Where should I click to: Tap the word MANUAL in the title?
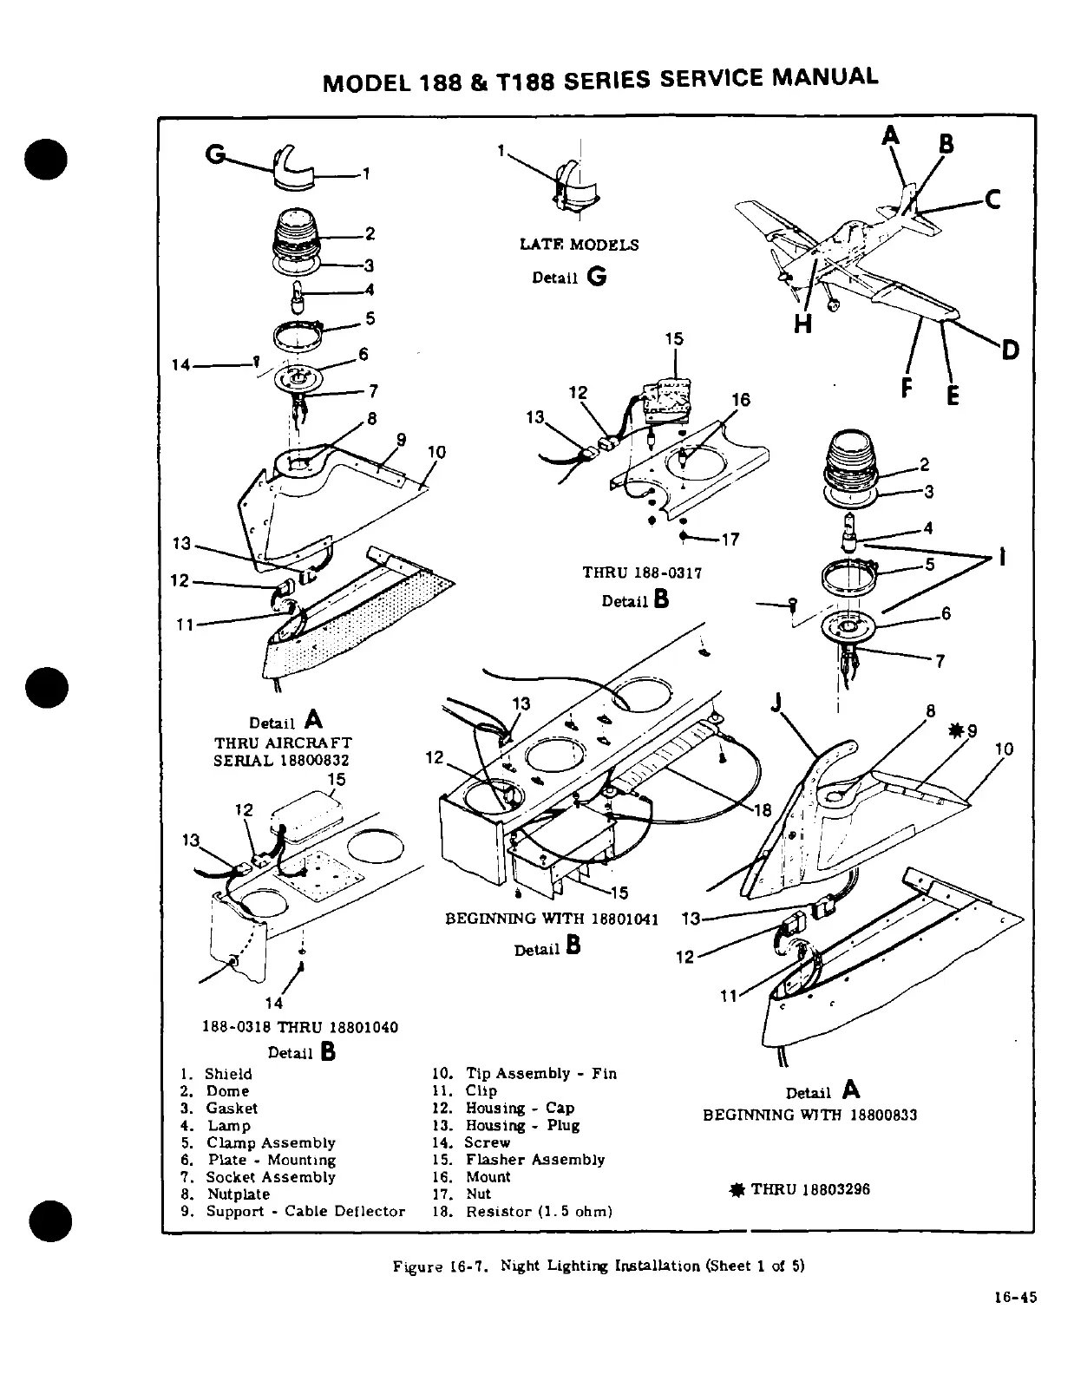(x=824, y=76)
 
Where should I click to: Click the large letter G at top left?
(x=213, y=154)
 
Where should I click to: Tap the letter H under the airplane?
(x=803, y=324)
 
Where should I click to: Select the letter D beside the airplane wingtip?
(x=1009, y=350)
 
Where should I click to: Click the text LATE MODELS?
(x=579, y=245)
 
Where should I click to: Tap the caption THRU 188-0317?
(x=641, y=572)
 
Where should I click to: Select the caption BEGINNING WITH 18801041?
(x=552, y=919)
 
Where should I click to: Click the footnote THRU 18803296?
(x=810, y=1189)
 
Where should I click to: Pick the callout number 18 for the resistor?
(x=763, y=810)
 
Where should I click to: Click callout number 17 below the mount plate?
(x=730, y=540)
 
